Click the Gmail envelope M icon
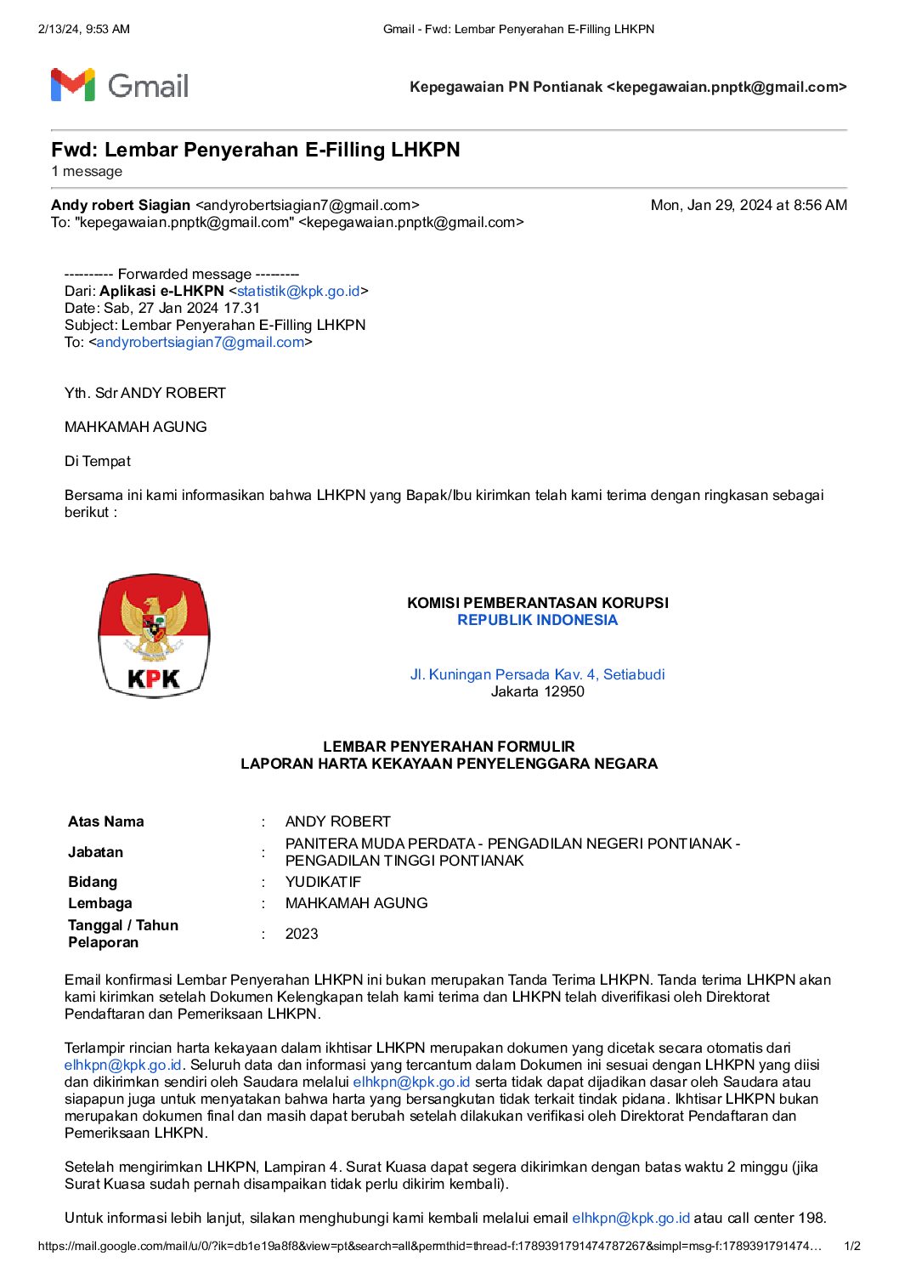72,85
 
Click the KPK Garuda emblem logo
154,635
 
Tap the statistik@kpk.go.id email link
298,291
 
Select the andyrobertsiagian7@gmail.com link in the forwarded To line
200,342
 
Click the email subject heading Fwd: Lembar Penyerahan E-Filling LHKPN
255,150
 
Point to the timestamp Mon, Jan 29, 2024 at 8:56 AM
748,205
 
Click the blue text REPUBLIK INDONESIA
537,620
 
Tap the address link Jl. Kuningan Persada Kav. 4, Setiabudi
537,674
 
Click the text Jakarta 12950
537,691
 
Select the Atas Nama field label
106,821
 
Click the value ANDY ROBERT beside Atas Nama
337,821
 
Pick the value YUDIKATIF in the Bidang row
323,882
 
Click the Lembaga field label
100,903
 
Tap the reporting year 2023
302,934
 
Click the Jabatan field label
95,852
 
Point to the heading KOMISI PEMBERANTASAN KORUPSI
537,603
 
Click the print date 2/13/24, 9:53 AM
84,29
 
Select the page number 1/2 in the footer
851,1247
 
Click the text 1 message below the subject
87,172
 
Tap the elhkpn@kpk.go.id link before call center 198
630,1218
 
